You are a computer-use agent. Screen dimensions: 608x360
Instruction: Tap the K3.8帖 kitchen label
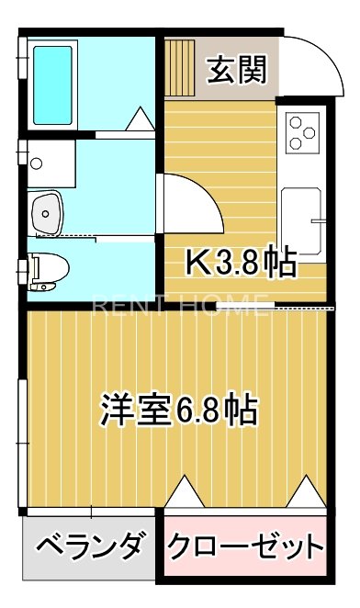tap(242, 263)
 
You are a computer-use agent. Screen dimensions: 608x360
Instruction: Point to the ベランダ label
tap(90, 548)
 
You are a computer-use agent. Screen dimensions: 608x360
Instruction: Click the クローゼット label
tap(245, 549)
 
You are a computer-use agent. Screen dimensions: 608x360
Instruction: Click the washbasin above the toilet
tap(48, 213)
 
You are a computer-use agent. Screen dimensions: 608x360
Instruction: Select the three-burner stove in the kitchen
tap(306, 130)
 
